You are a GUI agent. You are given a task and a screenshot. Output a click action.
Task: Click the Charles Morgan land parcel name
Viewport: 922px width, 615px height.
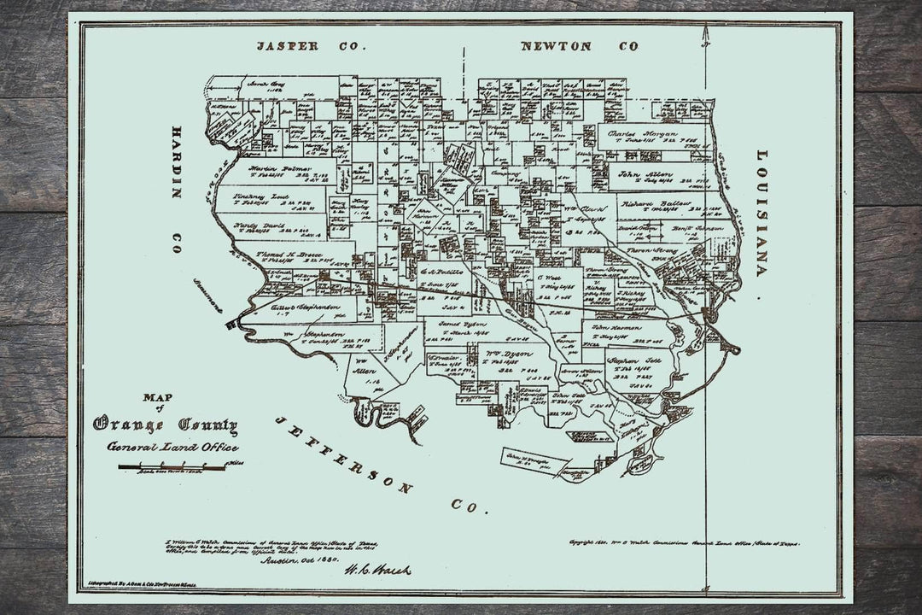pos(643,134)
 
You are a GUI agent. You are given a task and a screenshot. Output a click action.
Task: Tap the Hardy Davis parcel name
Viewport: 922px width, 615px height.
pos(256,225)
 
